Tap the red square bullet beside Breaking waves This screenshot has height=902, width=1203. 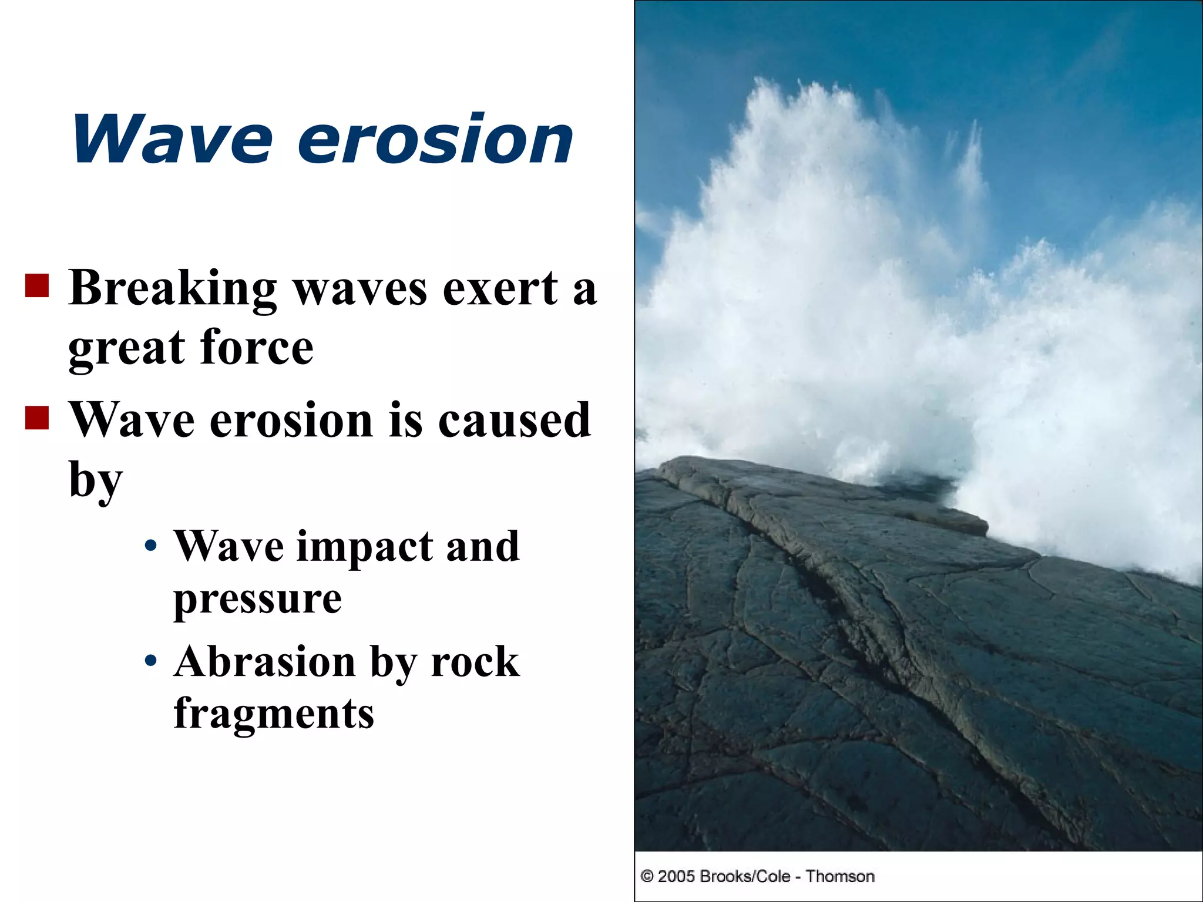pyautogui.click(x=37, y=286)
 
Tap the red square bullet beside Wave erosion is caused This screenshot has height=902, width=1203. pyautogui.click(x=37, y=418)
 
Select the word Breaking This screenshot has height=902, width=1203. pyautogui.click(x=173, y=289)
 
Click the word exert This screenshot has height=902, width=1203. pyautogui.click(x=500, y=289)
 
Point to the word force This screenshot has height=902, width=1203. pyautogui.click(x=257, y=348)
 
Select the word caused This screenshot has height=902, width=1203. pyautogui.click(x=514, y=420)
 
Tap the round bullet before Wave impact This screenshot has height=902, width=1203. pyautogui.click(x=151, y=546)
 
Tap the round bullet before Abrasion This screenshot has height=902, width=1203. pyautogui.click(x=151, y=661)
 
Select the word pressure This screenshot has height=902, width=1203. pyautogui.click(x=257, y=600)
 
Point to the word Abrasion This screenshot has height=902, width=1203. pyautogui.click(x=265, y=661)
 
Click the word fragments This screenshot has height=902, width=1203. pyautogui.click(x=274, y=714)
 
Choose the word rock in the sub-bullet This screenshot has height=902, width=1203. pyautogui.click(x=475, y=661)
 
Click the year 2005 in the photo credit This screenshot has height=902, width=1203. pyautogui.click(x=677, y=876)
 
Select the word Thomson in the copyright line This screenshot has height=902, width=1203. pyautogui.click(x=840, y=876)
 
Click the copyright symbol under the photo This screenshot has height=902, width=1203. pyautogui.click(x=647, y=877)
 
